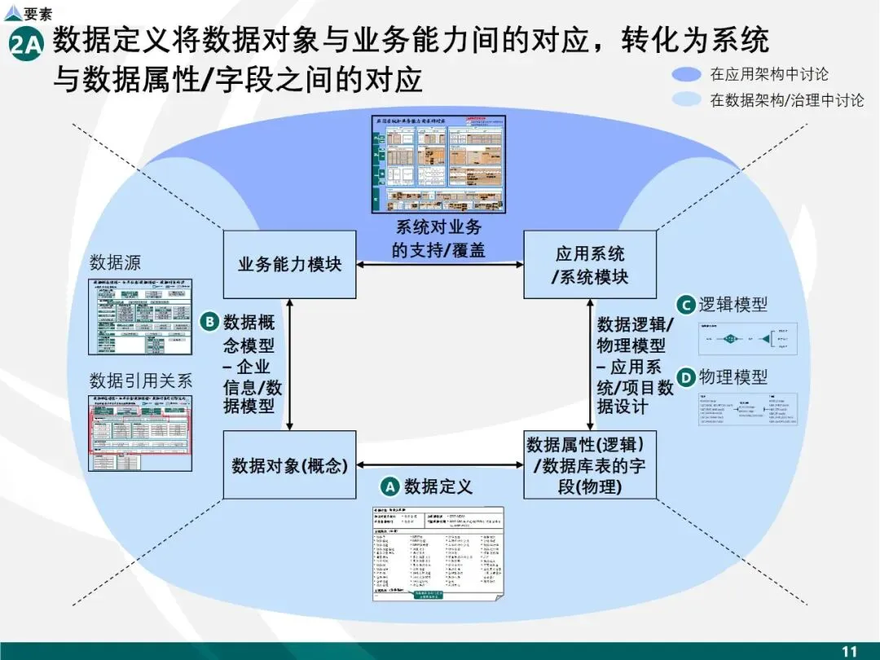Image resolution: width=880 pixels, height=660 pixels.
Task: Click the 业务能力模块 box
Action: [x=289, y=264]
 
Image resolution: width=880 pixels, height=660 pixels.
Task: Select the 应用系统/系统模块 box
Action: [x=590, y=264]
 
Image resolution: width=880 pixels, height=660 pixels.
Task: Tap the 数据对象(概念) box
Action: [x=289, y=465]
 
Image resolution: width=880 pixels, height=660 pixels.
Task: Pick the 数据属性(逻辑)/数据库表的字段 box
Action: [x=590, y=465]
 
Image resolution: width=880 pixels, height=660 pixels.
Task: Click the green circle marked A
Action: [x=389, y=486]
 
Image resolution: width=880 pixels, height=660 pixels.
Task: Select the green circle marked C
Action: [x=686, y=305]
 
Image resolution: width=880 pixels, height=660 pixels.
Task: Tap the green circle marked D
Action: [x=686, y=377]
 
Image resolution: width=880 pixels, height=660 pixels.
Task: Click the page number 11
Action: [x=850, y=650]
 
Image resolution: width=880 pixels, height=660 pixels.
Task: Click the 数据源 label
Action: [x=115, y=262]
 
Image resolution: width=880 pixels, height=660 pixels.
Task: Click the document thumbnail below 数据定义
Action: [x=438, y=554]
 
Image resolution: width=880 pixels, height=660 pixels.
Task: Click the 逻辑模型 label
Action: [x=733, y=305]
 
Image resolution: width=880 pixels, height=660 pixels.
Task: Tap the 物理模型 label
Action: [x=733, y=377]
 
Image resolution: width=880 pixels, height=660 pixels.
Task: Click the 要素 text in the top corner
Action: [x=37, y=13]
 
